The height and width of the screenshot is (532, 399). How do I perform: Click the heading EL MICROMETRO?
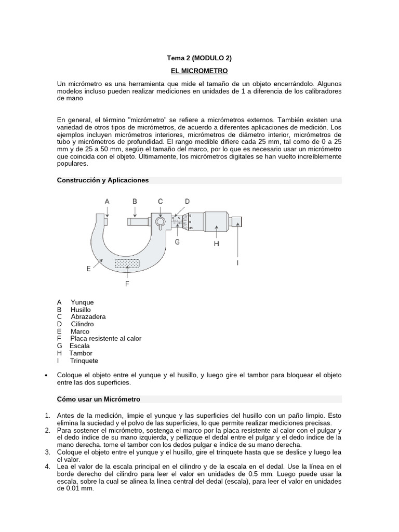point(199,70)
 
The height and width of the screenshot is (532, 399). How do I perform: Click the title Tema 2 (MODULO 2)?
point(199,59)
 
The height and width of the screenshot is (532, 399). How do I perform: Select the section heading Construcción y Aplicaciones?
point(103,180)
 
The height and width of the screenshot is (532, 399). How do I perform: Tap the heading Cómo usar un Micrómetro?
point(98,399)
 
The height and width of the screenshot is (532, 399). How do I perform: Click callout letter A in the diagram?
point(107,201)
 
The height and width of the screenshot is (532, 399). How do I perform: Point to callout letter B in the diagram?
point(135,201)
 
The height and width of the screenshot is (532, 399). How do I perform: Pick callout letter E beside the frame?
point(89,269)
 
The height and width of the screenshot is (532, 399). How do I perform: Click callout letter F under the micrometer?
point(127,284)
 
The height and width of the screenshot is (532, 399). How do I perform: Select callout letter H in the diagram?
point(217,243)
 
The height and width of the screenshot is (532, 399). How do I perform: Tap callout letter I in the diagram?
point(238,263)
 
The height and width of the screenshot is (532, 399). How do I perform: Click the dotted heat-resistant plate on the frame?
point(127,264)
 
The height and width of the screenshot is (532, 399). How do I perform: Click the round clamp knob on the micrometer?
point(161,223)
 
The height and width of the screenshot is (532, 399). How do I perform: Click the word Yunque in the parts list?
point(82,302)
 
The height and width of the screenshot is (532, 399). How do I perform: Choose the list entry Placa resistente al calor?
point(105,339)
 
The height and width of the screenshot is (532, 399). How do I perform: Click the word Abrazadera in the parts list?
point(88,316)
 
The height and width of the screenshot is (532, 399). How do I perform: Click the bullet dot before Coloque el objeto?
point(47,375)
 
